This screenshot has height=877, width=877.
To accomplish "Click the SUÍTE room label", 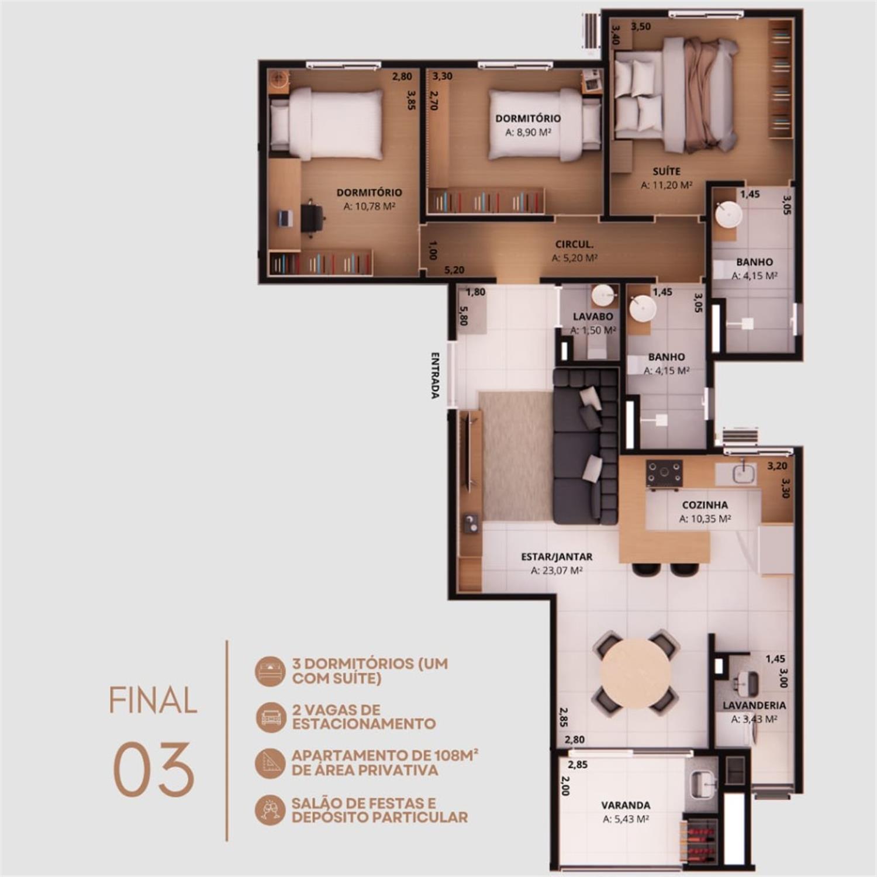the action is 667,171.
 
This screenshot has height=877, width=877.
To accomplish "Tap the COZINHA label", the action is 705,505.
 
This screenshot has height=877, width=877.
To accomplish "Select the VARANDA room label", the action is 626,805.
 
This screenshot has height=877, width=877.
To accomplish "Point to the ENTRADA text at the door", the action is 435,375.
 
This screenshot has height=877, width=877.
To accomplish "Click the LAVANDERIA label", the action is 754,705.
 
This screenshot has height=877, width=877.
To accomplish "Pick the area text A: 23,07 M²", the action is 557,571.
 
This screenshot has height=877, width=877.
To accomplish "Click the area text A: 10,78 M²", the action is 370,206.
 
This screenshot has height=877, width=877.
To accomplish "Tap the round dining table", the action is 636,673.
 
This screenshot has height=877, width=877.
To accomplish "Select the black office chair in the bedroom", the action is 313,218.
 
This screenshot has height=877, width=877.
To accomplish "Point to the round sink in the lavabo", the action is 604,296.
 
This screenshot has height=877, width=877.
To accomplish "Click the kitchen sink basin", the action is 744,473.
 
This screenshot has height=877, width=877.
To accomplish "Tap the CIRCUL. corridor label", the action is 574,244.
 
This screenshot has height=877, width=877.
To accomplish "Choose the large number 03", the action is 153,769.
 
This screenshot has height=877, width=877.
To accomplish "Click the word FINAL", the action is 153,700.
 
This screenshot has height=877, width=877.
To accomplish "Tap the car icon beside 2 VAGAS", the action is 271,717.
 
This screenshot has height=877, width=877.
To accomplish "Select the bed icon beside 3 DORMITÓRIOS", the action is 271,671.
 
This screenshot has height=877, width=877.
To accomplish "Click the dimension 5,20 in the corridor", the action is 454,270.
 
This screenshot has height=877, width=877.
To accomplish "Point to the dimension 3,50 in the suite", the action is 641,26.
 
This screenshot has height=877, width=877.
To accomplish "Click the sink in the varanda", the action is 702,783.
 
